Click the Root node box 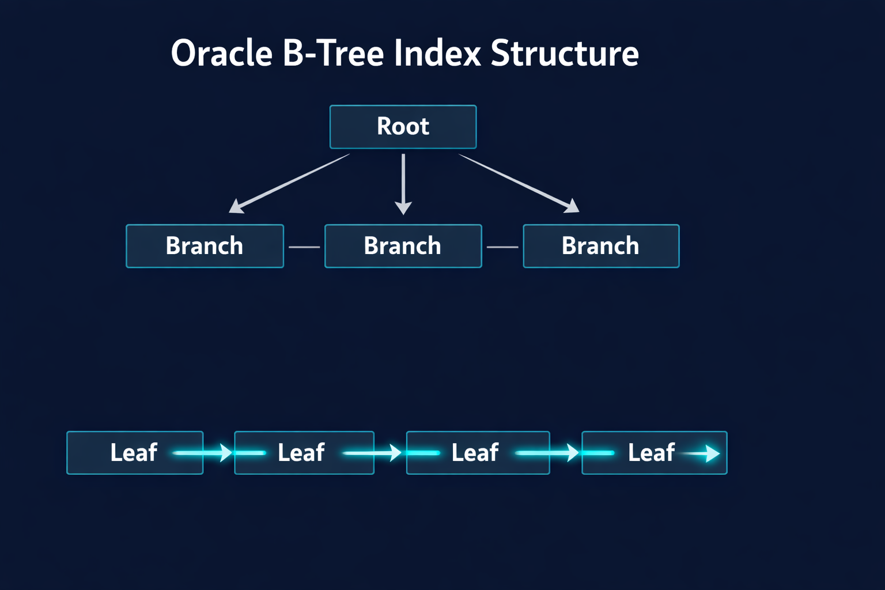pos(403,127)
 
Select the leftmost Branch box pos(205,246)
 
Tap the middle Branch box pos(403,246)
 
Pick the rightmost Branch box pos(601,246)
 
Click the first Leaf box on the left pos(134,453)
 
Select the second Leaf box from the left pos(304,453)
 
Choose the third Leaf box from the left pos(478,453)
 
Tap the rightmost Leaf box pos(654,453)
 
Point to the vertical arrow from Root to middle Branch pos(403,183)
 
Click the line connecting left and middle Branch pos(304,247)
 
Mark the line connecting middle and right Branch pos(502,247)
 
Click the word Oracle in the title pos(221,54)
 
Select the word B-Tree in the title pos(333,54)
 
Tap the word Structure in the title pos(565,54)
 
